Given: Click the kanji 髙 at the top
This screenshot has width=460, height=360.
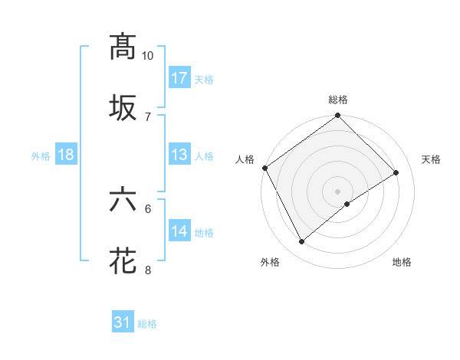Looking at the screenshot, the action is point(123,47).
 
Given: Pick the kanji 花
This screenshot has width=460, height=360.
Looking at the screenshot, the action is point(123,260).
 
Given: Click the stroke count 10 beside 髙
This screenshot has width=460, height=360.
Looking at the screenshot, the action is point(147,57).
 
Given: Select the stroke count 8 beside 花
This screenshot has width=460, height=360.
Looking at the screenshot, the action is point(148,270).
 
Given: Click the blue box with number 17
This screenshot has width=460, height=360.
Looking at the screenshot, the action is point(179,77).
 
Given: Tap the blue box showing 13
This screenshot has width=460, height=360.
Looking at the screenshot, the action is point(179,154).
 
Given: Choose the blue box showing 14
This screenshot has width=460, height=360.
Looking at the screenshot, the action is point(179,231).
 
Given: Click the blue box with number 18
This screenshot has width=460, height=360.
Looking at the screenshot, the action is point(66,155).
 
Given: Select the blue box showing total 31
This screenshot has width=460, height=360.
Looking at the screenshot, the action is point(123,322).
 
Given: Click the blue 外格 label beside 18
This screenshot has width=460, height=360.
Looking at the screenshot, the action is point(41,156).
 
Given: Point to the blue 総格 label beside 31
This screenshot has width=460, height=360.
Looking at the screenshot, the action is point(147,325).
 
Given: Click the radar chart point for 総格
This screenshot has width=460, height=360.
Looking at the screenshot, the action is point(337,116).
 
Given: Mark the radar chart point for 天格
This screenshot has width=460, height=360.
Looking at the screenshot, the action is point(396,173).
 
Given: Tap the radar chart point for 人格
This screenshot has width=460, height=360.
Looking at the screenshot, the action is point(264,168).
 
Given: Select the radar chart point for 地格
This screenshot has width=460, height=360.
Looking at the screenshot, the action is point(347,204).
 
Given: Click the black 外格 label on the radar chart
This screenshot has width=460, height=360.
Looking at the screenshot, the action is point(270,263).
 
